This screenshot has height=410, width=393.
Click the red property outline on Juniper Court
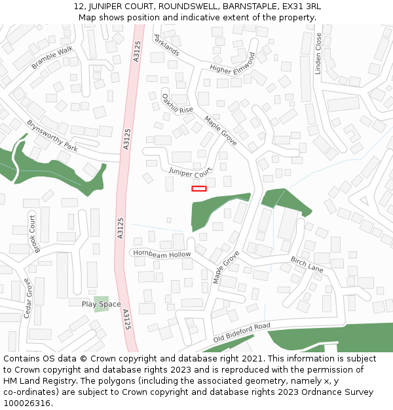198,188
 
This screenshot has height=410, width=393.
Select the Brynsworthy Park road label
52,136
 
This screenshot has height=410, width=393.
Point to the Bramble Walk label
52,58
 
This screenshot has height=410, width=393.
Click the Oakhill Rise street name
178,103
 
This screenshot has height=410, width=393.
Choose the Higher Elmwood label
232,62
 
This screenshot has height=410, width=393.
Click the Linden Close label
318,54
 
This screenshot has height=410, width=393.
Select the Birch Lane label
307,264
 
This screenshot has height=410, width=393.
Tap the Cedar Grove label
28,298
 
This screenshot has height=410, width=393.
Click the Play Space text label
101,304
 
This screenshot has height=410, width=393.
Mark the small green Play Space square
102,303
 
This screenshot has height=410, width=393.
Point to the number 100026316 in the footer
27,403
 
